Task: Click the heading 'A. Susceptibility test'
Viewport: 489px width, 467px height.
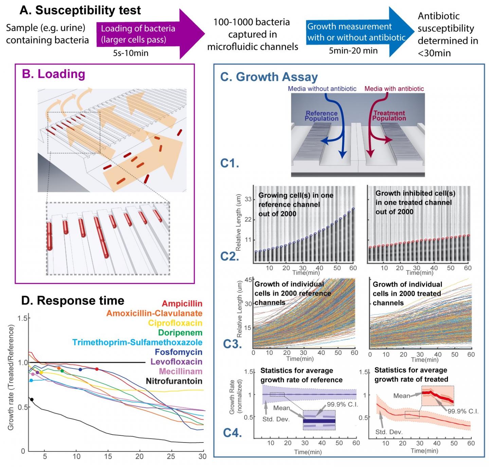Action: click(80, 10)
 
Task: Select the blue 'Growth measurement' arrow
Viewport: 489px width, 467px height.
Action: click(357, 32)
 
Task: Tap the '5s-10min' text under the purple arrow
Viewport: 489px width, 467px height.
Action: click(131, 53)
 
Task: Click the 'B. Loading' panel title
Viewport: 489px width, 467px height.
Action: click(53, 74)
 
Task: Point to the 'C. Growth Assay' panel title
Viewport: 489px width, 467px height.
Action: click(269, 77)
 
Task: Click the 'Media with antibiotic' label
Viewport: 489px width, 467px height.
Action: click(394, 89)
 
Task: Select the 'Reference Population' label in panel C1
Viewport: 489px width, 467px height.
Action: click(321, 116)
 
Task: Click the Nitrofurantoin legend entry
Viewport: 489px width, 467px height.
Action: click(174, 381)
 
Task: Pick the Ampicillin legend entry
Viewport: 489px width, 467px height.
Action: click(182, 304)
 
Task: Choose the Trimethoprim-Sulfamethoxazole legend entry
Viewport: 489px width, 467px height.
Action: click(137, 343)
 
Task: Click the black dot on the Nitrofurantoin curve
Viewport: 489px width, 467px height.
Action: click(32, 399)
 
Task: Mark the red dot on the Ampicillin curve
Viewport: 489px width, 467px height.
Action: click(97, 369)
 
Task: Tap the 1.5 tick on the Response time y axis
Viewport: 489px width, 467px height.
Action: click(23, 318)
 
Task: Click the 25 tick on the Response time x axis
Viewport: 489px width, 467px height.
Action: click(171, 456)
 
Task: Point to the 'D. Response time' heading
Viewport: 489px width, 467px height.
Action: click(73, 301)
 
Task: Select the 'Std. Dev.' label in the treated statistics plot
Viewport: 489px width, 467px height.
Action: click(389, 432)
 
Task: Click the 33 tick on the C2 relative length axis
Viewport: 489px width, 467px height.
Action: click(248, 199)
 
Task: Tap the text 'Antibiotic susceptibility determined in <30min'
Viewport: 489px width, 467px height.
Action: click(447, 34)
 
